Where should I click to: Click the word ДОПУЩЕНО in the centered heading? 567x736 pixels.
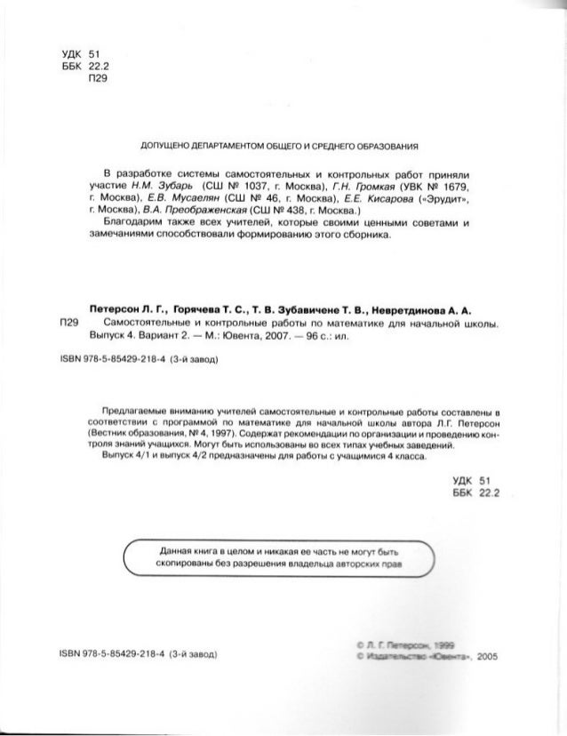[160, 147]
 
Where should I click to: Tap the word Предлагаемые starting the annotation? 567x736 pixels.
[134, 411]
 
